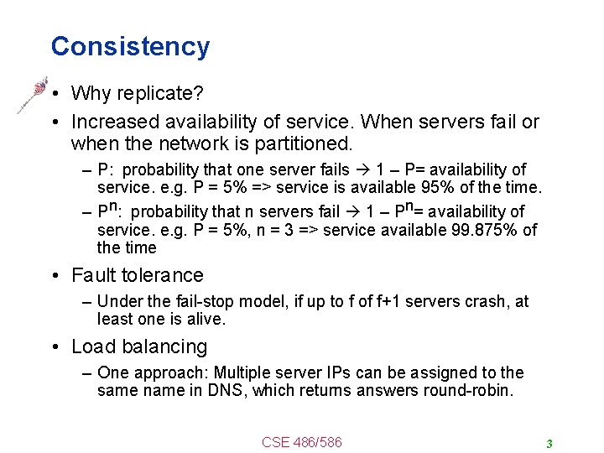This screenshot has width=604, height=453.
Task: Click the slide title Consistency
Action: [130, 46]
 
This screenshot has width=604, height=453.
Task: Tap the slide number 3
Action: [549, 443]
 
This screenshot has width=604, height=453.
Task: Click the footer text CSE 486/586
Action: [302, 442]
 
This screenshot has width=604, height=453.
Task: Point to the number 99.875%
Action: [483, 230]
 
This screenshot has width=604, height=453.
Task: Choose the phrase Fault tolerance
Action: [138, 275]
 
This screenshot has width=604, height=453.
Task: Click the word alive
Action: [206, 319]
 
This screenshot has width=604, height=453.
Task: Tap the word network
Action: [180, 143]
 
